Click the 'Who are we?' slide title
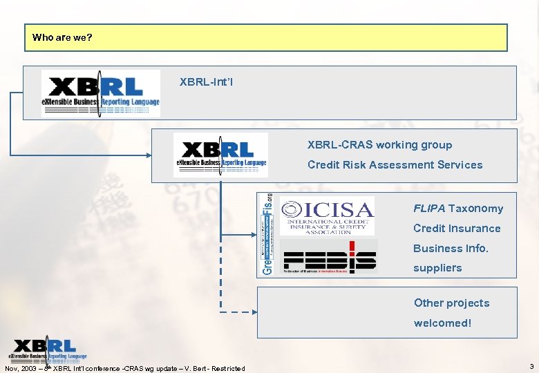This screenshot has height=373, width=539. [62, 37]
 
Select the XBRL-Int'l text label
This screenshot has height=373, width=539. [206, 82]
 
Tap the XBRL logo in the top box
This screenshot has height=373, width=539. [101, 93]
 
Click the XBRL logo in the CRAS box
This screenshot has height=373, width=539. [220, 155]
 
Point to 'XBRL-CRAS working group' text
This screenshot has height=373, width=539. [379, 145]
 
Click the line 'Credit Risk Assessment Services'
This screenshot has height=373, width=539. [395, 165]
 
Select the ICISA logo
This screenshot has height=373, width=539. [328, 216]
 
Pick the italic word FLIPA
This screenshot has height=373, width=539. [429, 209]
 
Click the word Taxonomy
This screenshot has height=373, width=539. [475, 209]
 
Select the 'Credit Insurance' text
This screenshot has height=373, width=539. [457, 229]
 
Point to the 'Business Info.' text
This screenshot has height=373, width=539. [451, 249]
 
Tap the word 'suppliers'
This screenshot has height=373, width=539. [437, 268]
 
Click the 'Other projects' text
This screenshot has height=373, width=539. [451, 303]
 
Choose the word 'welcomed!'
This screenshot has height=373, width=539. [442, 323]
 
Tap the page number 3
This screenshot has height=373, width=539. [530, 366]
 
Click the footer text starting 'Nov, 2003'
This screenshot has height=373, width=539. [125, 368]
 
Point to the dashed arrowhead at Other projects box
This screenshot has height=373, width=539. [252, 312]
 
